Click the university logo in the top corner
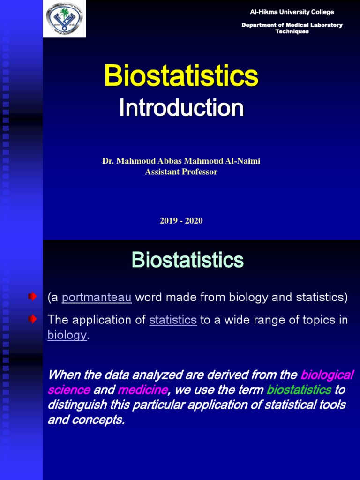[x=64, y=19]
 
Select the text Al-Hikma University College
[x=292, y=12]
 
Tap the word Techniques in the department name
[x=292, y=31]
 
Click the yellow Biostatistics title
[x=181, y=75]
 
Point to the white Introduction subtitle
[x=181, y=108]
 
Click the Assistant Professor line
[x=181, y=172]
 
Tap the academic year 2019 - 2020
[x=181, y=221]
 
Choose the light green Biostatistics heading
[x=187, y=260]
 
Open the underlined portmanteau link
[x=96, y=297]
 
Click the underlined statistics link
[x=172, y=320]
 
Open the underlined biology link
[x=67, y=335]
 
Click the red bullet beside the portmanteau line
[x=32, y=297]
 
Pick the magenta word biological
[x=327, y=375]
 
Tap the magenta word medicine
[x=142, y=390]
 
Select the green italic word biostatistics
[x=299, y=390]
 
